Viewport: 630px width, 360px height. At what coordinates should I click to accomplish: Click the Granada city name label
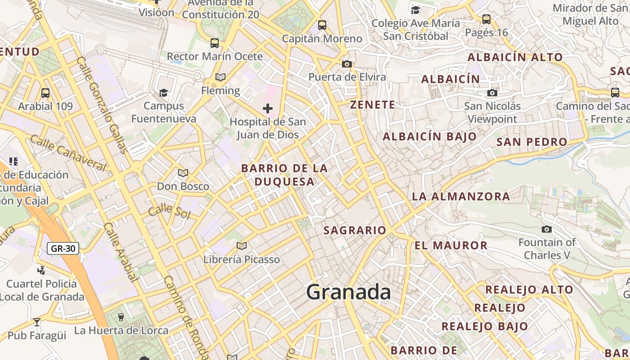coord(348,292)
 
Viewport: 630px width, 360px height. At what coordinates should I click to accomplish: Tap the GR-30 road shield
coord(63,248)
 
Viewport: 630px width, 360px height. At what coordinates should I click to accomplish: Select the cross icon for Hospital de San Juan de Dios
coord(268,108)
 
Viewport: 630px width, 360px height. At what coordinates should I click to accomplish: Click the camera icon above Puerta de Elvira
coord(346,64)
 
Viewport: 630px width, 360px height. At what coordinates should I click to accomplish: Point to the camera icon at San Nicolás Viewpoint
coord(492,93)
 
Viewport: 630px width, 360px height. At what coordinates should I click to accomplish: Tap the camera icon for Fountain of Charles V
coord(547,229)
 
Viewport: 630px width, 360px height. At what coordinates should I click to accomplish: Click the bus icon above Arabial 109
coord(45,93)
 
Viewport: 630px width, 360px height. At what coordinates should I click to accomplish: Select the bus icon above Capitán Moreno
coord(322,25)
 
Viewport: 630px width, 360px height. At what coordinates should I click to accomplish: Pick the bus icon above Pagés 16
coord(486,19)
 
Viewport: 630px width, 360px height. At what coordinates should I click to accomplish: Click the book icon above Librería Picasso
coord(242,246)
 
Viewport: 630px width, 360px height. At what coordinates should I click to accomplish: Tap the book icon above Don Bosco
coord(183,173)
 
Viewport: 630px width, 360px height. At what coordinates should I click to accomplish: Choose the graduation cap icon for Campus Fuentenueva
coord(163,93)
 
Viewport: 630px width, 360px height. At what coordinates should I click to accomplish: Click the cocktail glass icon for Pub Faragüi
coord(37,322)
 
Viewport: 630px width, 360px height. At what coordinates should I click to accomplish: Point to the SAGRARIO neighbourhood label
coord(355,230)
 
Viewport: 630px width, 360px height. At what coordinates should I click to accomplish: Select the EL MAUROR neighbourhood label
coord(451,246)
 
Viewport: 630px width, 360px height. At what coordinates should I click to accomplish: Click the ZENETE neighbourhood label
coord(373,105)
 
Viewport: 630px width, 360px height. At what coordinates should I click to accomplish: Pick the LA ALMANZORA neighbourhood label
coord(461,197)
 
